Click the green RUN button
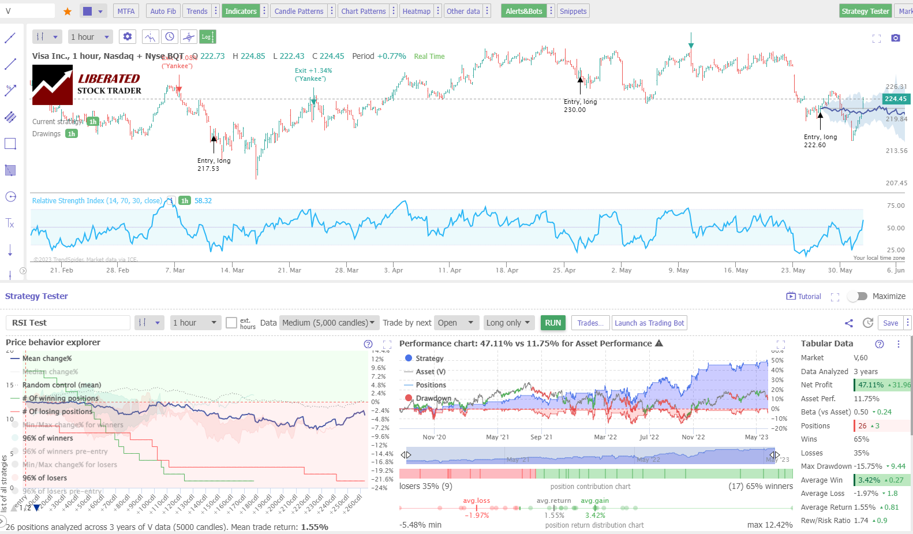coord(553,323)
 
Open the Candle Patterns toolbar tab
coord(299,11)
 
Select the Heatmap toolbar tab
coord(416,11)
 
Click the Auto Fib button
coord(163,11)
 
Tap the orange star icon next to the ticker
coord(68,12)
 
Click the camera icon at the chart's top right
coord(895,38)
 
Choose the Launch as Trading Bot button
coord(649,323)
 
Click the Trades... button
coord(590,323)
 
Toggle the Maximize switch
coord(857,296)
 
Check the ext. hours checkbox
coord(231,323)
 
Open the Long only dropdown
coord(508,323)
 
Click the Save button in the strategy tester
coord(890,323)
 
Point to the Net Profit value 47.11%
coord(870,385)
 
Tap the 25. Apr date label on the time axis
coord(564,270)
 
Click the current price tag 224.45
coord(895,99)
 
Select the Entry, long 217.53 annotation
coord(214,165)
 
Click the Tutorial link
coord(803,296)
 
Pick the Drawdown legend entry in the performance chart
coord(433,398)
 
